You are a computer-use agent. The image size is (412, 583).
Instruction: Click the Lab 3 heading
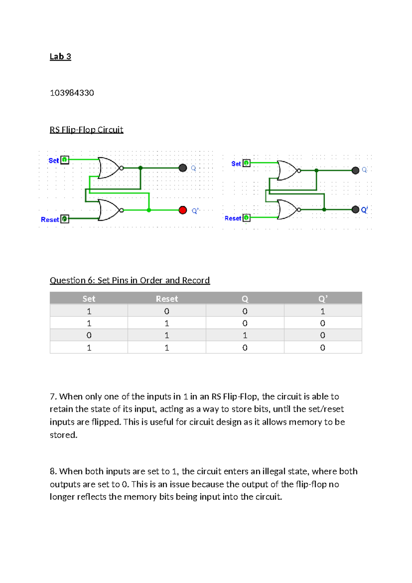click(60, 57)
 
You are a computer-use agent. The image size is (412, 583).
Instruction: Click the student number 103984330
click(72, 93)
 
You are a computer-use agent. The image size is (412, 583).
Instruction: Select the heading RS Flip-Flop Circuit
click(86, 130)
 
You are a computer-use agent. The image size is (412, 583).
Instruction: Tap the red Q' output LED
click(183, 210)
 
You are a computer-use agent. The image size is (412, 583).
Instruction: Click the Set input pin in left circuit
click(65, 160)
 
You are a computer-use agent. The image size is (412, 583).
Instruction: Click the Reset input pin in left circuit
click(65, 219)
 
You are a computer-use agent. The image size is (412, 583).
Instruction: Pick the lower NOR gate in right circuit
click(287, 210)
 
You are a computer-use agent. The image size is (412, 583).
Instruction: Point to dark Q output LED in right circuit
click(355, 170)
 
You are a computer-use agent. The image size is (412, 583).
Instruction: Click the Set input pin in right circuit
click(247, 163)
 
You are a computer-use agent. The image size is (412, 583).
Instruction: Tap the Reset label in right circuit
click(233, 218)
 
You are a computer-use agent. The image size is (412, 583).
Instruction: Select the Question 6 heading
click(130, 280)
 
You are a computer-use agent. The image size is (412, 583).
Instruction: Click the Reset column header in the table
click(167, 299)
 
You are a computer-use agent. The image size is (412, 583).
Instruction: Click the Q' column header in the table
click(323, 299)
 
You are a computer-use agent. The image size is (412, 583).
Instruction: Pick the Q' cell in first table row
click(323, 311)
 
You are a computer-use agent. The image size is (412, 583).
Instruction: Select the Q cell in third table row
click(245, 335)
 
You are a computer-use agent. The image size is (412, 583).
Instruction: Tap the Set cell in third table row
click(89, 335)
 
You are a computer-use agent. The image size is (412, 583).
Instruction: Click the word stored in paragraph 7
click(63, 435)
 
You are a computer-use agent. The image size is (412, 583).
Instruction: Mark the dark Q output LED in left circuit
click(183, 168)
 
